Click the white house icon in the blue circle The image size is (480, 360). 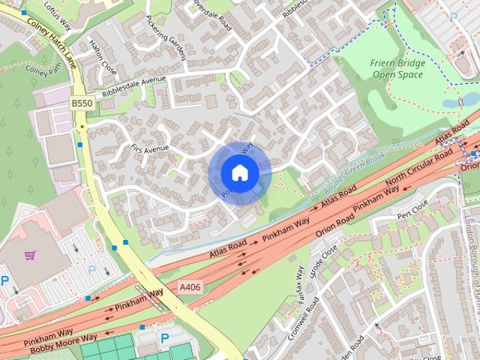[239, 172]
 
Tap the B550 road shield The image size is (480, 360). [82, 102]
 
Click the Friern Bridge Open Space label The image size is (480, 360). [397, 69]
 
